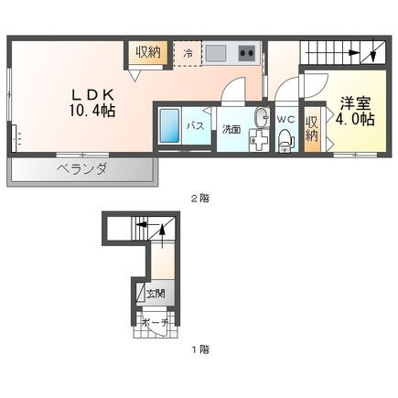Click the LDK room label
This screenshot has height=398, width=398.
92,95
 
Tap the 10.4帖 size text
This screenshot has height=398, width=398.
92,111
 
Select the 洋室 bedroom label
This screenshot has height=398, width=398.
355,103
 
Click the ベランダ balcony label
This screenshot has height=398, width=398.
81,168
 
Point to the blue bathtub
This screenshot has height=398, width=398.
169,125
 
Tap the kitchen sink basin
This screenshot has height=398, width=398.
215,53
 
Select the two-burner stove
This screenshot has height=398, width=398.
247,53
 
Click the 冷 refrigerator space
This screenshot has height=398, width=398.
188,53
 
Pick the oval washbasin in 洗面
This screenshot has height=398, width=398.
262,117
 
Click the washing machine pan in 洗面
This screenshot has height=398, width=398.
259,140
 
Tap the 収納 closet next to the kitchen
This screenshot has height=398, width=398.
148,52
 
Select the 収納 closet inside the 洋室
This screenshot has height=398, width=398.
312,129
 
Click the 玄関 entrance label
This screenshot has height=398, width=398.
156,294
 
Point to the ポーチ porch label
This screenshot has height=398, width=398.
156,322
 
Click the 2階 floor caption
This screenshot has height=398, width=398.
200,199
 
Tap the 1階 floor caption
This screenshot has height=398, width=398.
200,349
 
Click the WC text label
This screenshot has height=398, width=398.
285,119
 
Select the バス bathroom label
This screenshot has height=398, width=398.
195,125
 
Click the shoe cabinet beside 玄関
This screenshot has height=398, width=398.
141,293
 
